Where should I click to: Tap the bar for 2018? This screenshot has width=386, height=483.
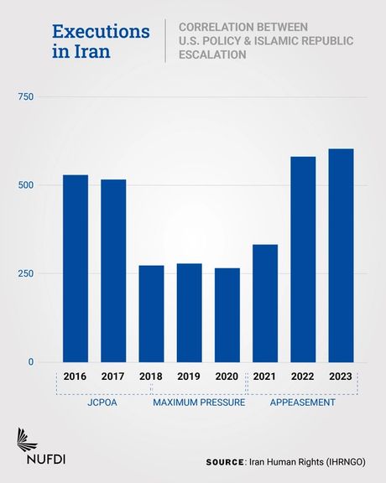point(151,314)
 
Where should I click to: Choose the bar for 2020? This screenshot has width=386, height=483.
point(227,315)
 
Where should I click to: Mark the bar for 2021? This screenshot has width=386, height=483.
point(265,304)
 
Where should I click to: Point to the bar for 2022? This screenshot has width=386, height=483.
point(303,259)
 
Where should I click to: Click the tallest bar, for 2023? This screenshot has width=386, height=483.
point(341,256)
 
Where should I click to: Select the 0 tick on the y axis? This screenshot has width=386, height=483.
point(30,362)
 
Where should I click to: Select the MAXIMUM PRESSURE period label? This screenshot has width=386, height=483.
point(198,403)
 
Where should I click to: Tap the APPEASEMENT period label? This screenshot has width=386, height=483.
point(302,403)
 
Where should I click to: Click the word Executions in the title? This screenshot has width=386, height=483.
point(101,32)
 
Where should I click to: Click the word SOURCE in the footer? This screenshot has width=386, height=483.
point(225,462)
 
